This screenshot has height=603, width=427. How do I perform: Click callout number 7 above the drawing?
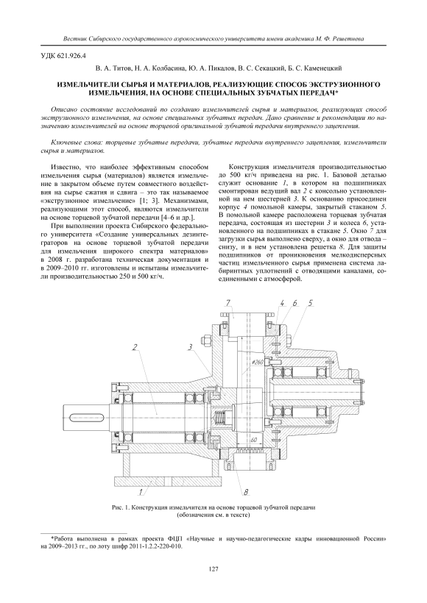[x=228, y=304]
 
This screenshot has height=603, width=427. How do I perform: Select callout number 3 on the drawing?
[x=190, y=347]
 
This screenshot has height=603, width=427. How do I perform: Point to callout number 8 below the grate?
[x=245, y=492]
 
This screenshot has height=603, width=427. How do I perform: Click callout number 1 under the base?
[x=141, y=490]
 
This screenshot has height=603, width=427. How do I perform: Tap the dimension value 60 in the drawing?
[x=254, y=439]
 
